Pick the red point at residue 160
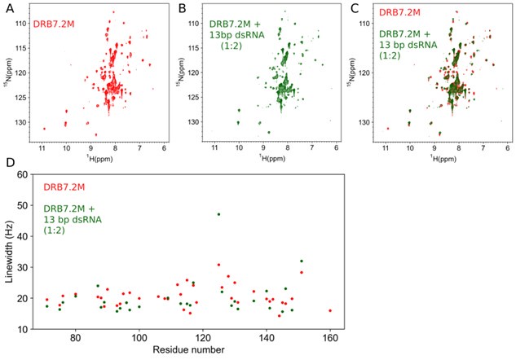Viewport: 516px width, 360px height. click(330, 310)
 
